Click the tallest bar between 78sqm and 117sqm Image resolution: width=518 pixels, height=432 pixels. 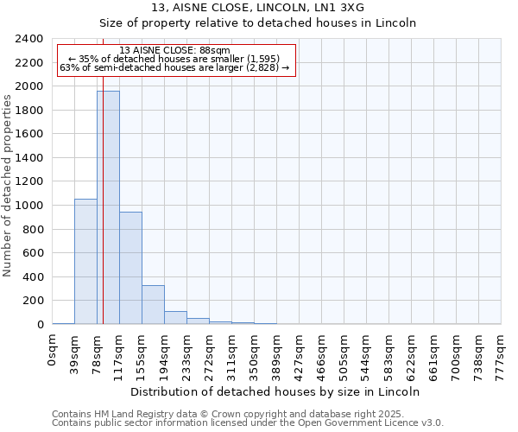pos(108,207)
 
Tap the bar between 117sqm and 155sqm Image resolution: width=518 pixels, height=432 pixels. pos(130,268)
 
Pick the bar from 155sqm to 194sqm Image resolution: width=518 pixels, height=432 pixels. pos(153,304)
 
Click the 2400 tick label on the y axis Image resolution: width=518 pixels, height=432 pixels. pos(29,39)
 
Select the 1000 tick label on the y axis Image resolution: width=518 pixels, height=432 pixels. pos(29,206)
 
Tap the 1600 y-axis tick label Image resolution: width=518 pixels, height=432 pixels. pos(29,134)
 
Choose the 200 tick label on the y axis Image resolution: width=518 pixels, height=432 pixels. pos(33,301)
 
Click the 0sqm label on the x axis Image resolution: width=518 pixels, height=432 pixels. pos(53,351)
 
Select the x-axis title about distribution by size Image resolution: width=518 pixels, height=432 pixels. pos(276,391)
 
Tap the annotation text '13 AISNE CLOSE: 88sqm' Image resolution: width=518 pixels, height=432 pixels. pos(175,51)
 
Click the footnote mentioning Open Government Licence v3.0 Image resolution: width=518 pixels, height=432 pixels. pos(248,422)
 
